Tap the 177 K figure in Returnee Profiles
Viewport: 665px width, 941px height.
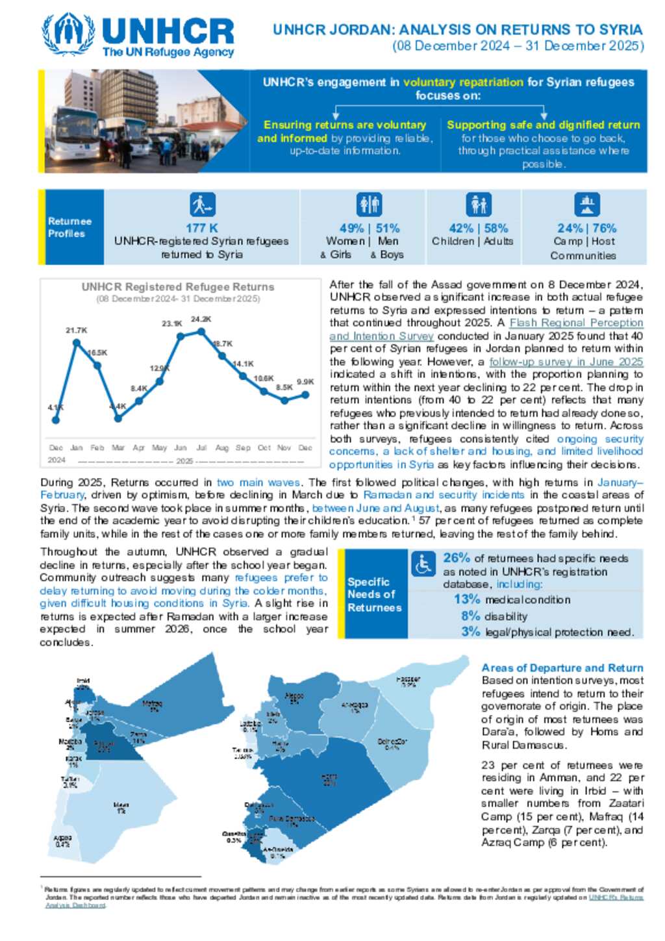[x=201, y=229]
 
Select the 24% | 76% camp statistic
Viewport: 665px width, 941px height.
[x=586, y=229]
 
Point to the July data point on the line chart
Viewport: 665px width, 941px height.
[x=201, y=331]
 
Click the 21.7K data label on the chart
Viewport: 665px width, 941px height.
[x=76, y=331]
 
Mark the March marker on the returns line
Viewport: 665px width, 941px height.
[x=118, y=419]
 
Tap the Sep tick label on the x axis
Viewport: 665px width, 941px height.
[x=243, y=448]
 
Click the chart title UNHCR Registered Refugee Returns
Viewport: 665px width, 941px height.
[x=178, y=287]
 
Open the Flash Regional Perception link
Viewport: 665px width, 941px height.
[x=576, y=323]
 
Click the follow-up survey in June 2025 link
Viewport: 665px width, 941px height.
[x=566, y=362]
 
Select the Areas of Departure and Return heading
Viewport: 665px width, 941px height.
[x=562, y=668]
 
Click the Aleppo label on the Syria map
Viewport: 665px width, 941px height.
[x=294, y=697]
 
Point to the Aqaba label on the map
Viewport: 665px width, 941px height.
[x=63, y=841]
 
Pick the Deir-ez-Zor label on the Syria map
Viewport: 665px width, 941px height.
[x=392, y=743]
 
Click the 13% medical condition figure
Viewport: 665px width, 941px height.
[x=467, y=599]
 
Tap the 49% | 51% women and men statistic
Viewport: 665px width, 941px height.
[x=370, y=229]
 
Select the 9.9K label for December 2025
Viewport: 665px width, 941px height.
[x=305, y=382]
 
